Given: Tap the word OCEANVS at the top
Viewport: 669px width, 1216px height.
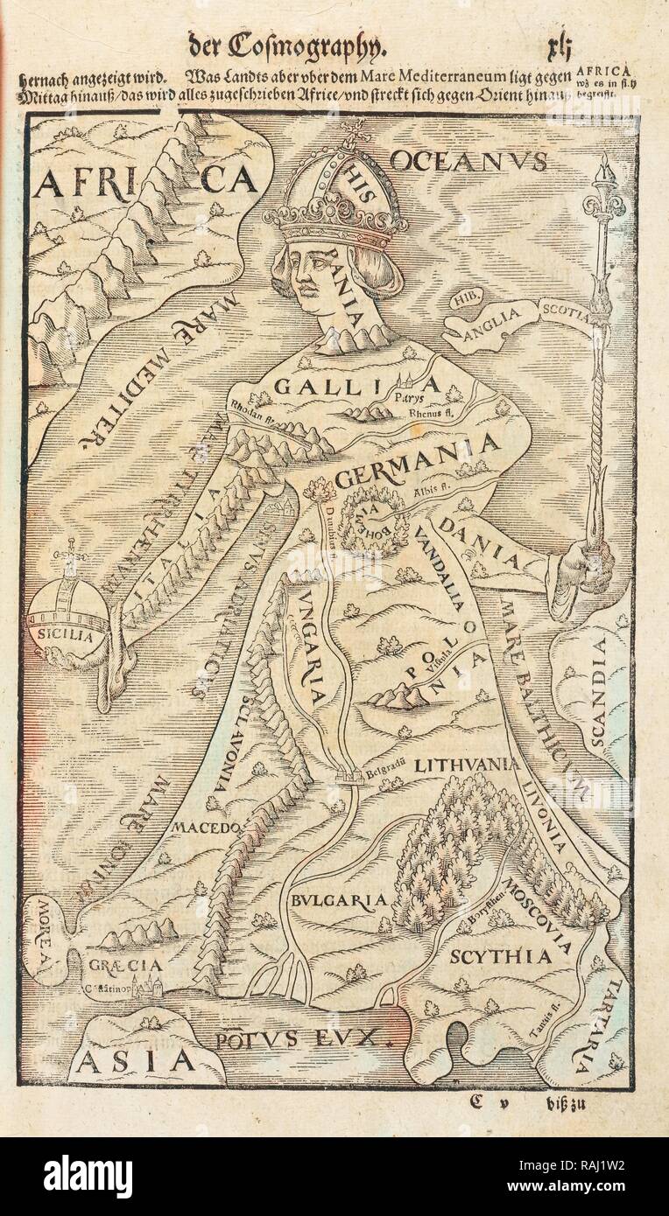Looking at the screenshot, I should (468, 161).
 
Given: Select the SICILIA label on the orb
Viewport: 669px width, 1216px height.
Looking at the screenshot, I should (71, 637).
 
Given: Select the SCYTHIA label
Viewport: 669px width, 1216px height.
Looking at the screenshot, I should (500, 956).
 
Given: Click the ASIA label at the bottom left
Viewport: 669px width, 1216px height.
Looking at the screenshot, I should (134, 1059).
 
